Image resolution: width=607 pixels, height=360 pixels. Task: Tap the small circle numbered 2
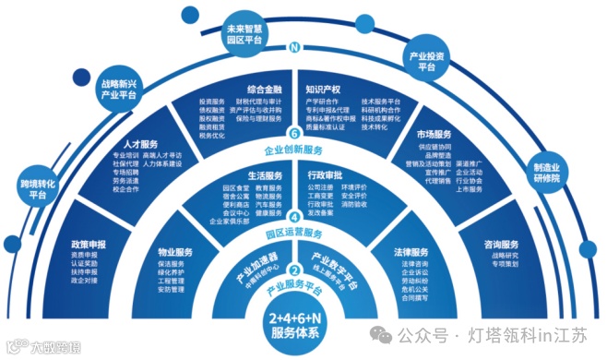294,270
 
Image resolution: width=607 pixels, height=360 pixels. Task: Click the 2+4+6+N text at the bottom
294,318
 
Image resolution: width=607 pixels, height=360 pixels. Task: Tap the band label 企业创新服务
294,149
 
